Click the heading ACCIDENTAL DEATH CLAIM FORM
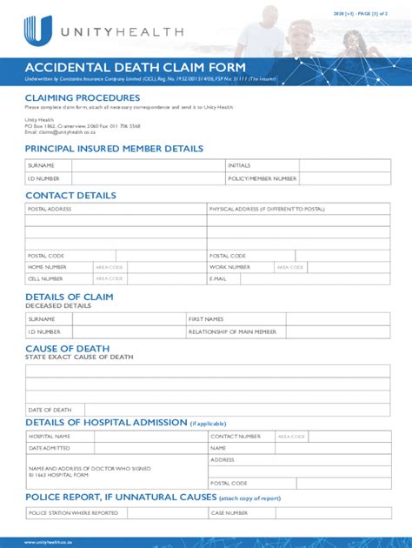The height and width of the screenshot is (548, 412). click(136, 68)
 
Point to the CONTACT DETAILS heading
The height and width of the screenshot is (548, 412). click(70, 196)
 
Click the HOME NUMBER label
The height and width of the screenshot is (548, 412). click(47, 267)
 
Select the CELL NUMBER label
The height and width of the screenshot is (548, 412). click(45, 278)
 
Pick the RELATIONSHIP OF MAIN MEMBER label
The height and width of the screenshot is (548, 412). click(232, 331)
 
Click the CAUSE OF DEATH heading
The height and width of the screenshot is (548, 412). click(67, 349)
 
